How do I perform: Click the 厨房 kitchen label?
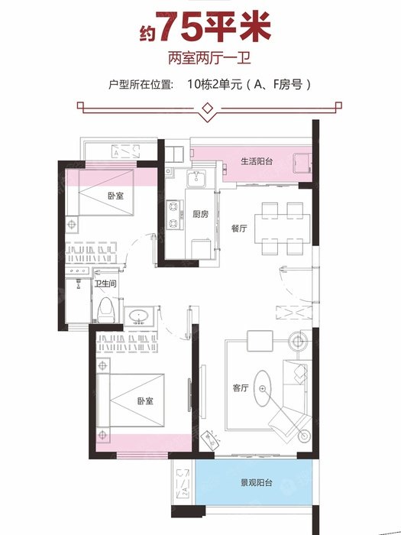[x=200, y=214]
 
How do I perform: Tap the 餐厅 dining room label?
[x=239, y=229]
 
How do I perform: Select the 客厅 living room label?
[x=241, y=387]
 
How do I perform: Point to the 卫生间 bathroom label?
[x=105, y=284]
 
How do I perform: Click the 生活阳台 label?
[x=257, y=161]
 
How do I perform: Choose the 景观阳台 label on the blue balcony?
[x=257, y=483]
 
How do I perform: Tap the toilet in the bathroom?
[x=105, y=310]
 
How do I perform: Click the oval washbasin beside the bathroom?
[x=139, y=316]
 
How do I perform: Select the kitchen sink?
[x=196, y=178]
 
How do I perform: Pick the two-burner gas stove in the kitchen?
[x=173, y=215]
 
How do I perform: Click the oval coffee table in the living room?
[x=262, y=388]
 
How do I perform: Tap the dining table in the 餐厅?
[x=283, y=228]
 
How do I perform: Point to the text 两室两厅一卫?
[x=209, y=58]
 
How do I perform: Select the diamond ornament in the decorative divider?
[x=207, y=109]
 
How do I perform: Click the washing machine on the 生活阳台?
[x=302, y=164]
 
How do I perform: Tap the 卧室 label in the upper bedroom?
[x=115, y=196]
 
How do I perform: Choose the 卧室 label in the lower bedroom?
[x=145, y=400]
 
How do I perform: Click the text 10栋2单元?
[x=214, y=84]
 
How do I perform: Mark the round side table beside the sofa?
[x=299, y=340]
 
